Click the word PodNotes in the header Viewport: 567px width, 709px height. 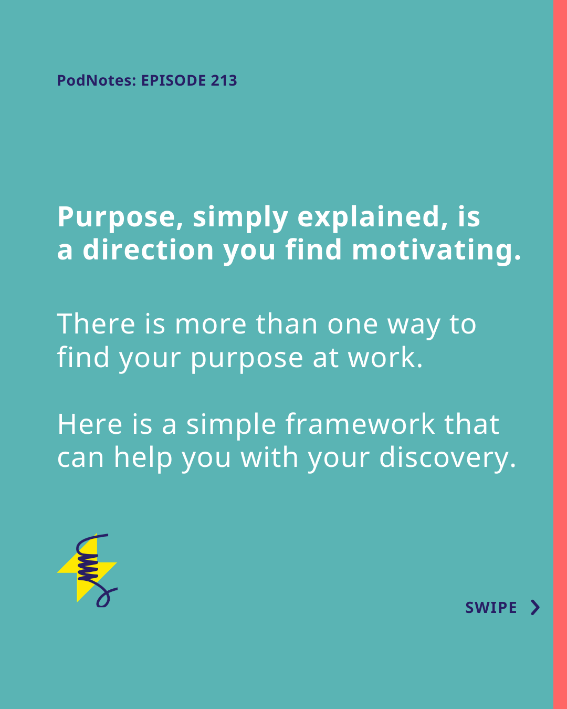pos(97,80)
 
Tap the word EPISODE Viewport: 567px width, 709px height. pos(173,80)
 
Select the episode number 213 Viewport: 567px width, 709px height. pos(224,80)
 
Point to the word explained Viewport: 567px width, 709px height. pos(373,217)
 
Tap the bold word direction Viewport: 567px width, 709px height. pos(148,250)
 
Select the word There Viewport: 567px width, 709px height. pos(96,324)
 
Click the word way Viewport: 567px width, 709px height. pos(414,327)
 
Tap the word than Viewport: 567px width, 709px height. pos(287,324)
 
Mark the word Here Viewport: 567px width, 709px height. pos(90,424)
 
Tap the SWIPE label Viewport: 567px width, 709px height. pos(491,608)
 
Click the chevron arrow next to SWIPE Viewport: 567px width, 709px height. pos(535,608)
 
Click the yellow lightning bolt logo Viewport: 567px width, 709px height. pos(87,570)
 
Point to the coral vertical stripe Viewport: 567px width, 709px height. pos(560,354)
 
